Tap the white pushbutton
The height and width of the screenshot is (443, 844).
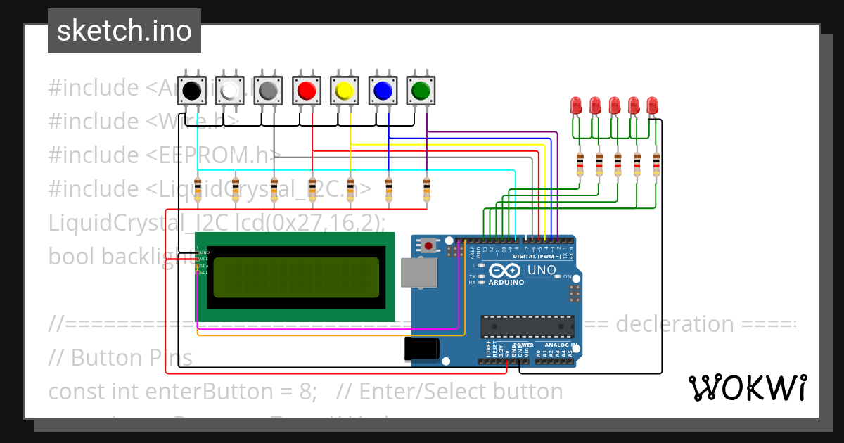(x=229, y=91)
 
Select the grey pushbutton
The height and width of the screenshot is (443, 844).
(x=267, y=91)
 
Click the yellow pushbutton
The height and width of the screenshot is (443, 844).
(x=344, y=91)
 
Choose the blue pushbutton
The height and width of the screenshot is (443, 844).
(x=382, y=91)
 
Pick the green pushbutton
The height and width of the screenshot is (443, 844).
(x=421, y=91)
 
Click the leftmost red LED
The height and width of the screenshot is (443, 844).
(x=575, y=106)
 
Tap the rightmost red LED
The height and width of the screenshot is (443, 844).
(x=651, y=106)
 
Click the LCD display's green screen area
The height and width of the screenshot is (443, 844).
(x=295, y=276)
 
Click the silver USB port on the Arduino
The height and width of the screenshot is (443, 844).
(x=414, y=272)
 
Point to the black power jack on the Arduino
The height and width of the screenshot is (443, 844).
(x=422, y=349)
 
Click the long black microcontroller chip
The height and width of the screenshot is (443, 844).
(x=527, y=326)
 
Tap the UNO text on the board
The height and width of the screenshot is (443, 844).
(x=542, y=270)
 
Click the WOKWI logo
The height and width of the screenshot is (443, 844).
(x=747, y=387)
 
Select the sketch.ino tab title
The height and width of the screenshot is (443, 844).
(x=124, y=31)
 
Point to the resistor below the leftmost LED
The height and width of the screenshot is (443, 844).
(x=580, y=165)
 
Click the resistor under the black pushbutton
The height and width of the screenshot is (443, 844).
(x=198, y=188)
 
